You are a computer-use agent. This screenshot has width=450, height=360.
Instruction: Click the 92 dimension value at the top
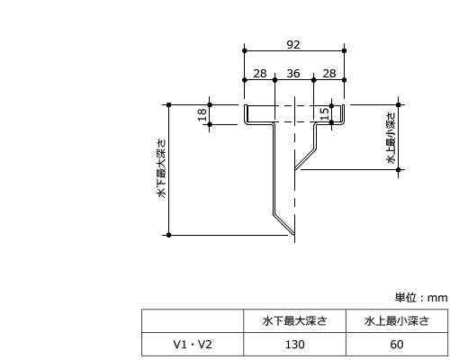(x=293, y=45)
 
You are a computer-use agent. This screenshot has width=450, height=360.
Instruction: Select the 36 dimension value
(x=293, y=74)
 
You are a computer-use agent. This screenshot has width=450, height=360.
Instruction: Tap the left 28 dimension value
(x=260, y=74)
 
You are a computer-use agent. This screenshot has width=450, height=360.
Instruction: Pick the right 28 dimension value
(x=329, y=74)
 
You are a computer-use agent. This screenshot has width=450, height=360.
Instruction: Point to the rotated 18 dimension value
(x=202, y=114)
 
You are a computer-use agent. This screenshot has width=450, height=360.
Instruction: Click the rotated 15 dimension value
(x=325, y=113)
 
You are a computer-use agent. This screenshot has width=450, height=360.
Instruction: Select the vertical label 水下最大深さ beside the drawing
(x=161, y=168)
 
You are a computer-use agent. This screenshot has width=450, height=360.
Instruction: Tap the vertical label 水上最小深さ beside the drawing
(x=391, y=138)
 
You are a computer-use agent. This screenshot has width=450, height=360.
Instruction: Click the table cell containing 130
(x=294, y=345)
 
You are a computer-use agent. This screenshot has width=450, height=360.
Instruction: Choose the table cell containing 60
(x=397, y=345)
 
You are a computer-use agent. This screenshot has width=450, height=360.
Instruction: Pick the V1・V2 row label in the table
(x=193, y=345)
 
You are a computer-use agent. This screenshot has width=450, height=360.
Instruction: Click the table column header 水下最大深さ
(x=294, y=321)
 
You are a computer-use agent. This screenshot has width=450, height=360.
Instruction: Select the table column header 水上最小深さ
(x=397, y=321)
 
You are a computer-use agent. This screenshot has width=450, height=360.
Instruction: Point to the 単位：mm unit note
(x=421, y=298)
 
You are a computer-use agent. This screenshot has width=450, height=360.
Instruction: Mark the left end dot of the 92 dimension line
(x=245, y=50)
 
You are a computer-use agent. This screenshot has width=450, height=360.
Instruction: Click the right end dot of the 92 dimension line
(x=344, y=50)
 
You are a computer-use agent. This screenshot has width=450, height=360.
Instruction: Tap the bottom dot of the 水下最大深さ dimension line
(x=168, y=235)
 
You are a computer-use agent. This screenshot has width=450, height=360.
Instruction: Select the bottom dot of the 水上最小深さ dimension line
(x=399, y=170)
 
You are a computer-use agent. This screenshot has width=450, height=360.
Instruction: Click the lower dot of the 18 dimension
(x=210, y=124)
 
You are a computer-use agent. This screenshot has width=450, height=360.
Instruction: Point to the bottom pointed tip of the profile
(x=294, y=235)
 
